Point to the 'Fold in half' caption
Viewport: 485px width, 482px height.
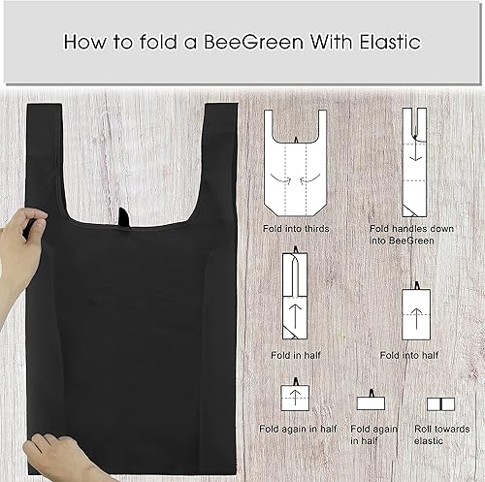pyautogui.click(x=294, y=354)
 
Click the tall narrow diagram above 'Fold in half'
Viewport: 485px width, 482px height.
pyautogui.click(x=294, y=295)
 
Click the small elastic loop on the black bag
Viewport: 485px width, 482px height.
pyautogui.click(x=124, y=215)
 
